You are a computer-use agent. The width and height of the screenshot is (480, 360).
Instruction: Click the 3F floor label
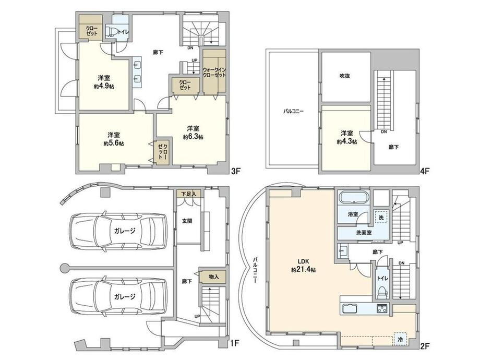(x=236, y=172)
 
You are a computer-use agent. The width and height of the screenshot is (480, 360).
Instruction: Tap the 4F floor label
(x=425, y=172)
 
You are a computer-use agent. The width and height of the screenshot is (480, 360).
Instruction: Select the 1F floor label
(x=234, y=344)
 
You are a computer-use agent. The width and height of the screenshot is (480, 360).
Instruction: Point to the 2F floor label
(x=425, y=346)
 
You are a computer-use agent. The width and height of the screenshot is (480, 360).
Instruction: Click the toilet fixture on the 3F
(x=111, y=31)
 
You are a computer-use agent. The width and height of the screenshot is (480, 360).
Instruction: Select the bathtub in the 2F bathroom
(x=354, y=197)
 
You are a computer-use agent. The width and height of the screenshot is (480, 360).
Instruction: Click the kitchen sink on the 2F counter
(x=350, y=308)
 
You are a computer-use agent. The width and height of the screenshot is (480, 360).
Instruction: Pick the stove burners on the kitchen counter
(x=382, y=308)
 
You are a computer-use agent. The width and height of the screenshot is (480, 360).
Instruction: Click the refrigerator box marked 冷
(x=400, y=339)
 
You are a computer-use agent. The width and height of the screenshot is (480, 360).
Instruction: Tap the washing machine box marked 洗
(x=381, y=218)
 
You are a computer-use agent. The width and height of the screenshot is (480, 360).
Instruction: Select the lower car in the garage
(x=119, y=296)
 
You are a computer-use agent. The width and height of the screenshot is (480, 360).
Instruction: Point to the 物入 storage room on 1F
(x=213, y=277)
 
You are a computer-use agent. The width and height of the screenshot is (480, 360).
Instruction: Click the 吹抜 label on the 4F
(x=345, y=76)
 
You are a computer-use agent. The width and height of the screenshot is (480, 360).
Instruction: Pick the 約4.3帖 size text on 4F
(x=347, y=142)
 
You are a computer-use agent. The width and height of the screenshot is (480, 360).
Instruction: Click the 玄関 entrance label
(x=187, y=221)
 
